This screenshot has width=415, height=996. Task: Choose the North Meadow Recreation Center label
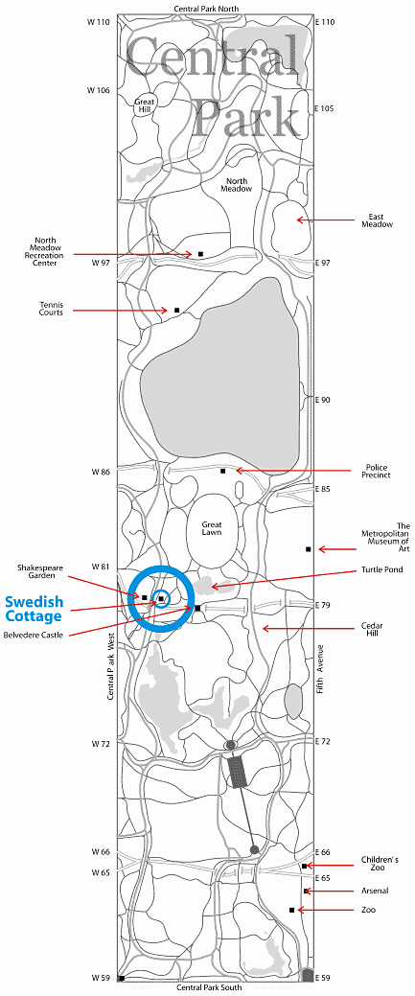coord(50,251)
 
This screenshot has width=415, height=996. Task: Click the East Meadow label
coord(378,220)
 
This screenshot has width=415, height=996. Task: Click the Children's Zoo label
coord(380,864)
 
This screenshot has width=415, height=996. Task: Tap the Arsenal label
coord(375,891)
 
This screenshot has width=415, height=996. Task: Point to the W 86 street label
coord(101,472)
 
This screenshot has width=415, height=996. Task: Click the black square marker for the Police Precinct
coord(223,471)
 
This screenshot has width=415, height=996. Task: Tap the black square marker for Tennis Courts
coord(176,310)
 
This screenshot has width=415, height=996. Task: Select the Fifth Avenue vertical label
coord(320,669)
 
